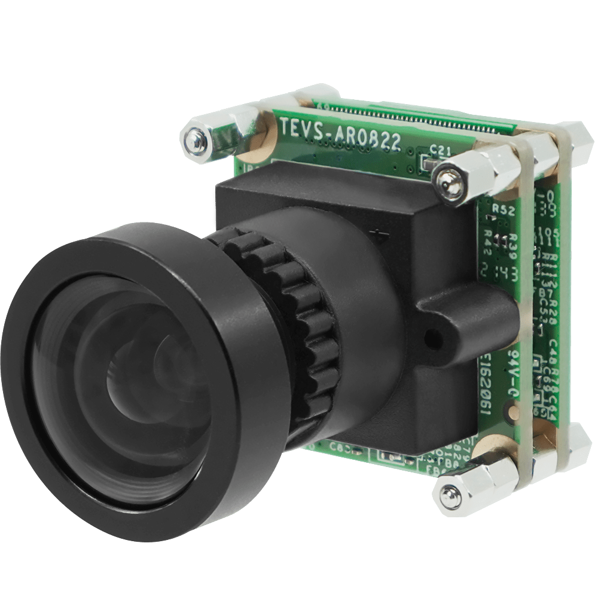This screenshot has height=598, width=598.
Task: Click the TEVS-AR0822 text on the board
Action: (x=340, y=135)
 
